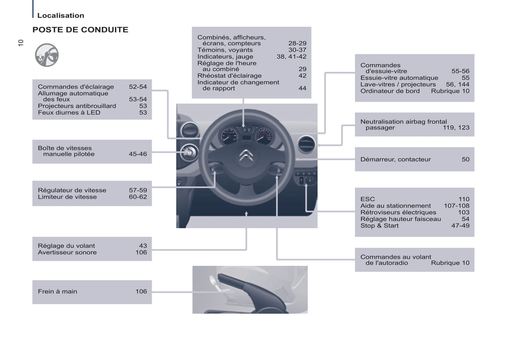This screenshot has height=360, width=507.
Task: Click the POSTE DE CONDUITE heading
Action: (80, 30)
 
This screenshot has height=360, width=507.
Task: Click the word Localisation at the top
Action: (61, 15)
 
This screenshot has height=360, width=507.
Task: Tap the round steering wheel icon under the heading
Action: (47, 55)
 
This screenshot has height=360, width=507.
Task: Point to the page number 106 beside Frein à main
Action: (141, 291)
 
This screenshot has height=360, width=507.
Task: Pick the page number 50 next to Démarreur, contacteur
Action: (465, 159)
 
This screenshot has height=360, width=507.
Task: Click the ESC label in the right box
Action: (367, 199)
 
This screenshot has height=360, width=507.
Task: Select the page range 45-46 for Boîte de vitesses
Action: (138, 154)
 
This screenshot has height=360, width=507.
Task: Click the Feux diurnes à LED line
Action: (69, 113)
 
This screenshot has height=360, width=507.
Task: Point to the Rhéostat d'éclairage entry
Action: (229, 76)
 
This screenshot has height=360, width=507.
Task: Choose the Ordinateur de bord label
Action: (390, 91)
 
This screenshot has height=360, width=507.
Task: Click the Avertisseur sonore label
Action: (67, 252)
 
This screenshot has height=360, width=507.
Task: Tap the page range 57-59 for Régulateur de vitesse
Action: (138, 190)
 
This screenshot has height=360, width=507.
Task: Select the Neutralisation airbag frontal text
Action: (403, 122)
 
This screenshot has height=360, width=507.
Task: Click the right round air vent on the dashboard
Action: (306, 144)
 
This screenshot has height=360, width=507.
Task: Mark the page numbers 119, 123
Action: (456, 128)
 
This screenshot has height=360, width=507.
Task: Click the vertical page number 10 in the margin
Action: (21, 43)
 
